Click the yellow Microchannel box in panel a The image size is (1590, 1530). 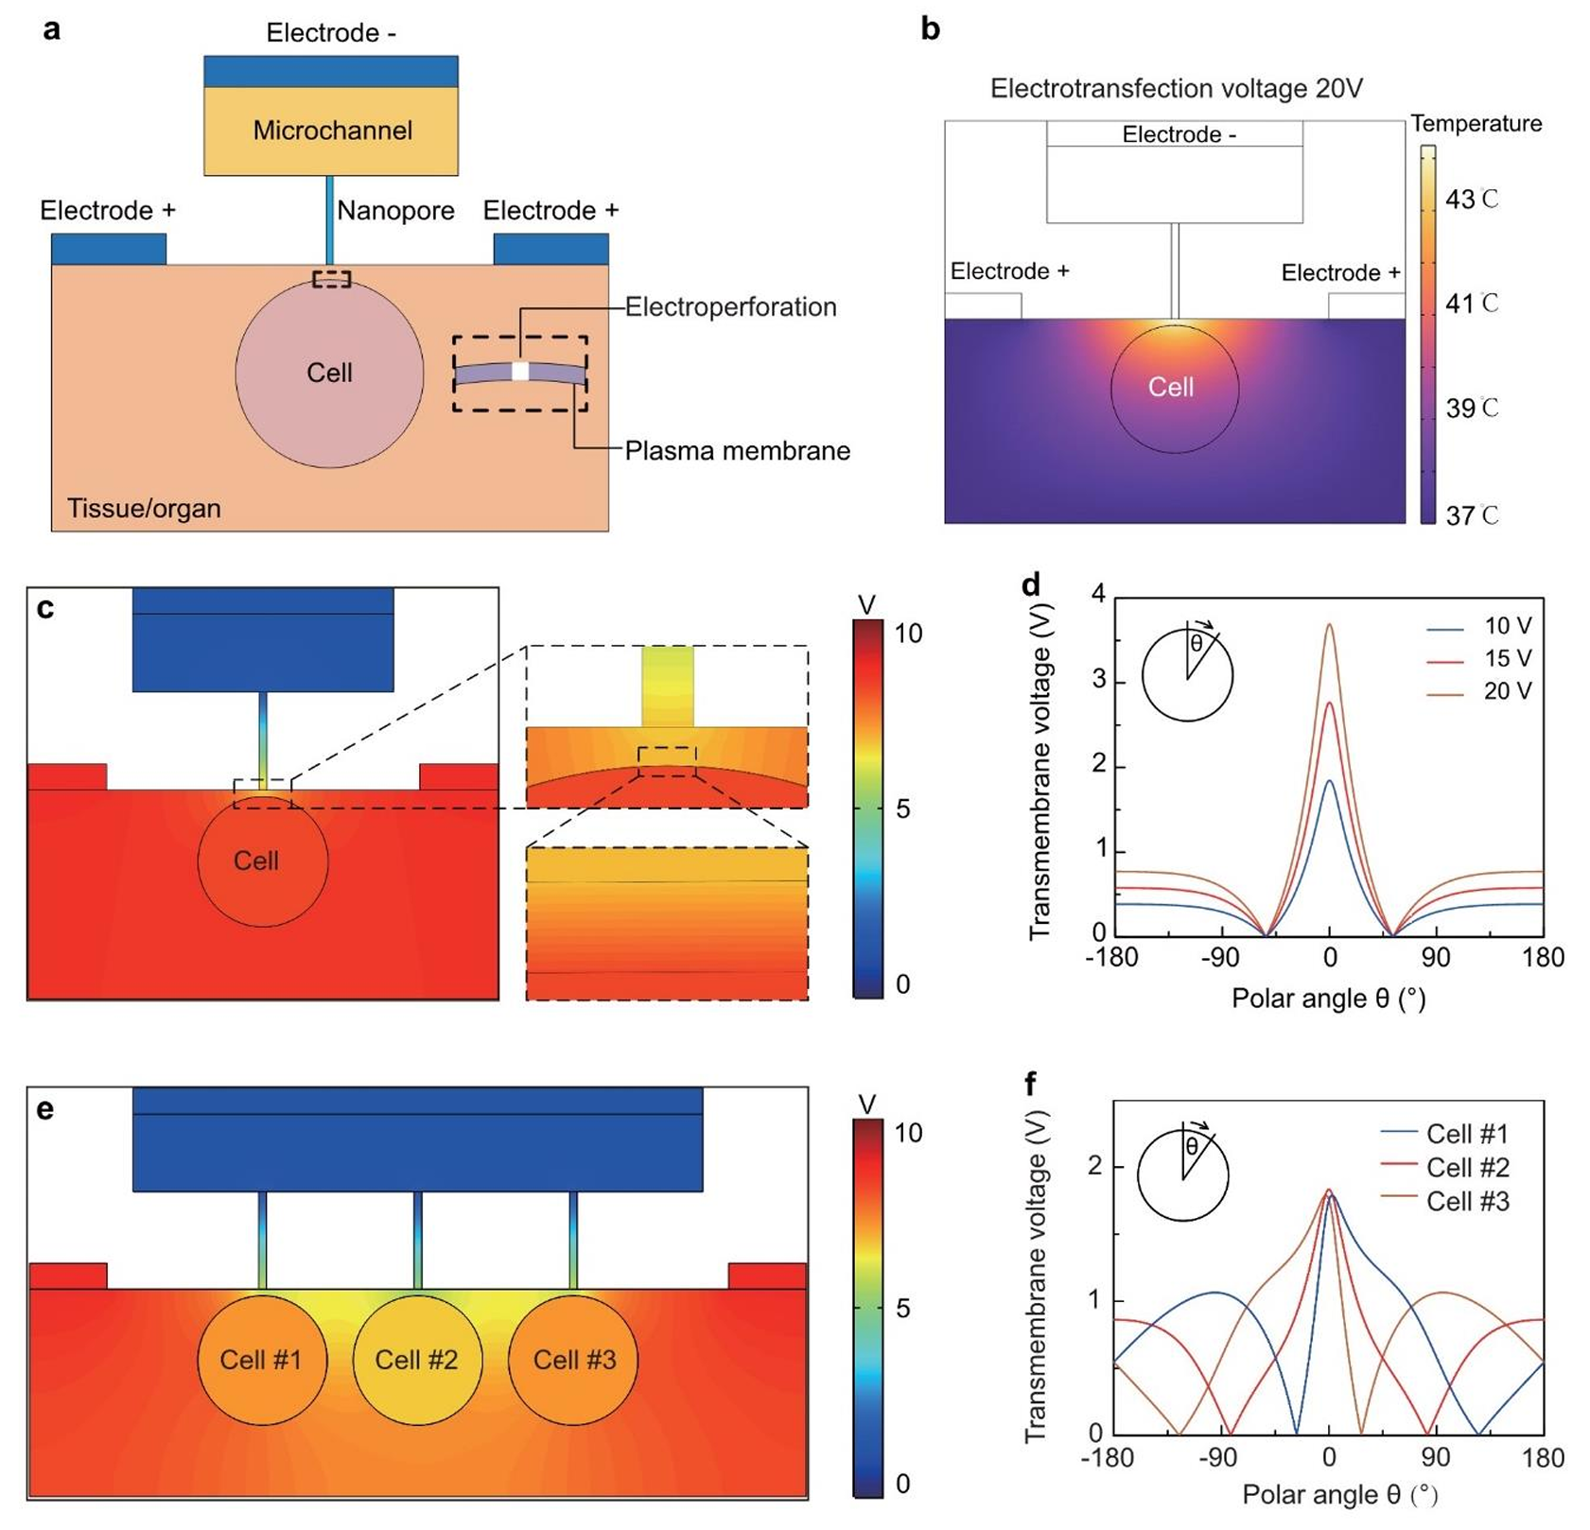[x=331, y=130]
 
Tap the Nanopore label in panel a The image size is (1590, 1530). [x=395, y=210]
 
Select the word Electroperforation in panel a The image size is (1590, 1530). [x=730, y=306]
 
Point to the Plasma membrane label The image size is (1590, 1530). [x=737, y=450]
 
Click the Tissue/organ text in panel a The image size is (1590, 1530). [x=144, y=508]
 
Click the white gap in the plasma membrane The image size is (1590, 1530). [x=520, y=372]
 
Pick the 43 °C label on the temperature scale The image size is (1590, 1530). [x=1472, y=200]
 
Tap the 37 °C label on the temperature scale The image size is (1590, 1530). [x=1472, y=515]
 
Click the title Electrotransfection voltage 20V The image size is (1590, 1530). [x=1176, y=89]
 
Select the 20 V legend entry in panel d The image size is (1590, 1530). [x=1507, y=691]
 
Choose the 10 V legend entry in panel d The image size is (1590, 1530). [x=1507, y=626]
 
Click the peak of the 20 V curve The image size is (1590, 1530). [x=1330, y=625]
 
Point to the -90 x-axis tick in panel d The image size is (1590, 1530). [x=1221, y=957]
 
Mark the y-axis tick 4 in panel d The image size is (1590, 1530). [x=1098, y=594]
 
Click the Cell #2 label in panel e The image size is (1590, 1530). [x=416, y=1360]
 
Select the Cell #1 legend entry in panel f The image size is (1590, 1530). [x=1467, y=1133]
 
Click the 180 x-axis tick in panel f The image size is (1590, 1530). [x=1543, y=1458]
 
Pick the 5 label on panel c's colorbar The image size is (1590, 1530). [x=903, y=808]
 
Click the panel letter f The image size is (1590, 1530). [x=1030, y=1084]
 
